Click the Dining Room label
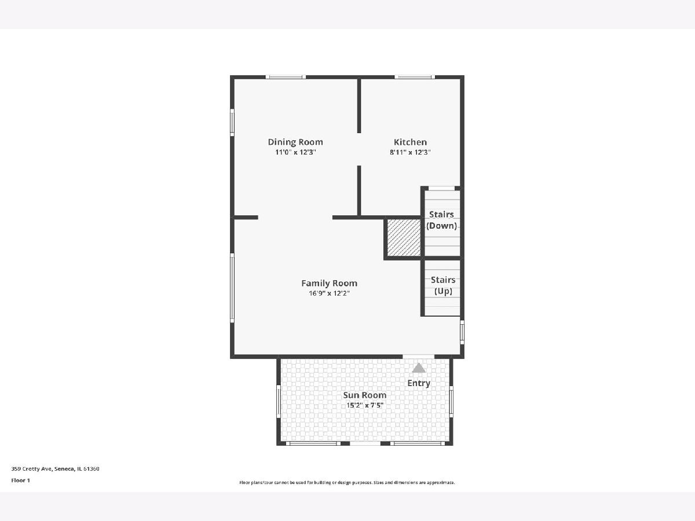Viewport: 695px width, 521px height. click(295, 142)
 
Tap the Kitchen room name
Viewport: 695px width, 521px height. click(410, 142)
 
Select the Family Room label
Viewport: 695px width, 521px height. click(329, 283)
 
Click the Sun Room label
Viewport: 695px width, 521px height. click(365, 395)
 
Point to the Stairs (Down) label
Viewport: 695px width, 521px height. click(441, 220)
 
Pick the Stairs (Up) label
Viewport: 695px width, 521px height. click(443, 285)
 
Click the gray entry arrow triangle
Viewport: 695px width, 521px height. click(419, 368)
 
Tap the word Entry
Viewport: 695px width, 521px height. click(419, 383)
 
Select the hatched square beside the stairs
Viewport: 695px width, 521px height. click(404, 237)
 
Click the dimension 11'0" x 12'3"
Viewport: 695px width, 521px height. click(295, 152)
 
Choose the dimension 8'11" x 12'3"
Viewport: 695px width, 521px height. click(410, 152)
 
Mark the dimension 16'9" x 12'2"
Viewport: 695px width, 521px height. click(330, 293)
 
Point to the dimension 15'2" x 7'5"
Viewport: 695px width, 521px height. click(365, 405)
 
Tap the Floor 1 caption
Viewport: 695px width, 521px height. click(21, 480)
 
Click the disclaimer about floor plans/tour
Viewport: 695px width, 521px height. click(347, 482)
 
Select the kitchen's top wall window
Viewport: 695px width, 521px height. click(415, 77)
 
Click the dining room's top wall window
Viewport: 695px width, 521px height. click(286, 77)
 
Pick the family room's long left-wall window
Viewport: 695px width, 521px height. click(232, 288)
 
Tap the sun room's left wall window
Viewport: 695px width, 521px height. click(279, 401)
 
